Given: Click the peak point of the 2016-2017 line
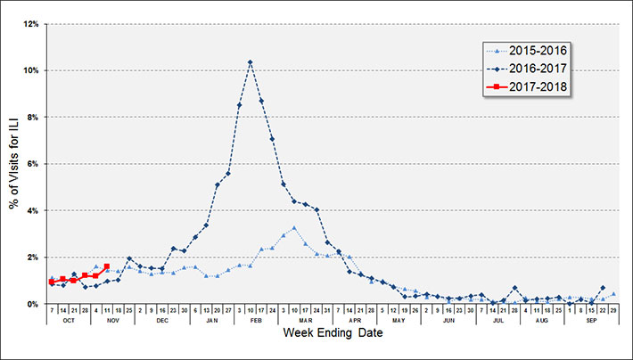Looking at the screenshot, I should [251, 62].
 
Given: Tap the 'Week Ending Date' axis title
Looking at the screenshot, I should [333, 332].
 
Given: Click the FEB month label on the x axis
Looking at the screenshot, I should [256, 319].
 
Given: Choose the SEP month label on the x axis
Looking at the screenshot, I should [592, 319].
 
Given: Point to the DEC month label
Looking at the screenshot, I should [162, 319].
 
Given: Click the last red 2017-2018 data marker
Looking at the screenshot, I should [107, 266].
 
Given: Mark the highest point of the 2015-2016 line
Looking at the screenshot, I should [294, 228].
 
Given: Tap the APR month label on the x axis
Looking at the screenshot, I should [355, 319].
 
